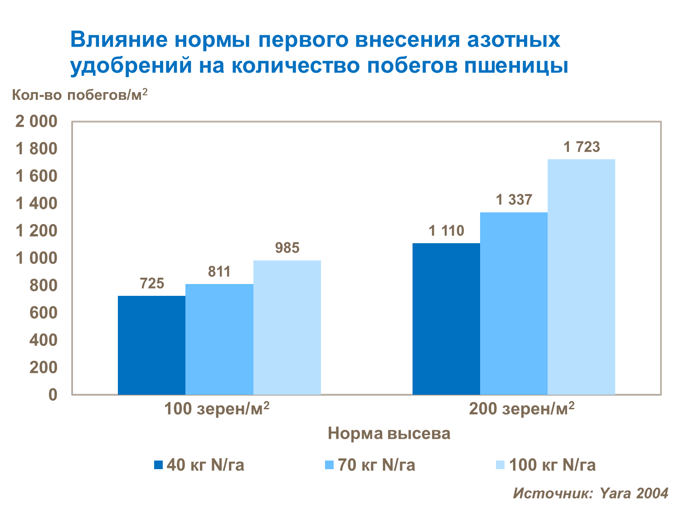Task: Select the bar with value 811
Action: tap(219, 339)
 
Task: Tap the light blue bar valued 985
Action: tap(287, 327)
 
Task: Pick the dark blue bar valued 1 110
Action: tap(446, 319)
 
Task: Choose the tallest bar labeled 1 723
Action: tap(581, 277)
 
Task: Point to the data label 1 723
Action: tap(581, 147)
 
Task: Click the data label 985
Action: tap(287, 248)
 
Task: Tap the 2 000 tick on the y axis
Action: tap(37, 122)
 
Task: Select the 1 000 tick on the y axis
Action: tap(37, 258)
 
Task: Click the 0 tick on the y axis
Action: tap(53, 394)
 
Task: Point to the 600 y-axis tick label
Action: tap(44, 313)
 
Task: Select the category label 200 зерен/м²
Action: tap(521, 409)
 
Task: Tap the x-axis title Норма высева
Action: tap(389, 433)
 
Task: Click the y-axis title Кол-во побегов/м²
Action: tap(80, 95)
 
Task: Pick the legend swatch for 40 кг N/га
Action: tap(158, 465)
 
